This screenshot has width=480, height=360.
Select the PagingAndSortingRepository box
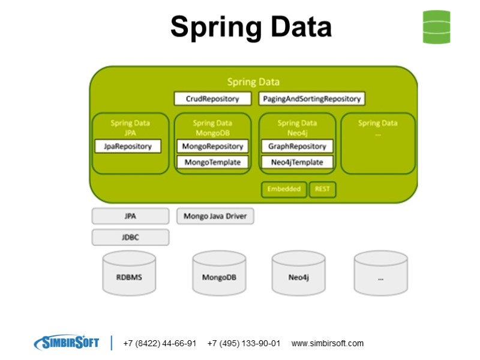click(312, 98)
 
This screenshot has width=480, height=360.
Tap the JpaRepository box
click(128, 146)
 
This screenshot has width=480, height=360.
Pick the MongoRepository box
click(212, 146)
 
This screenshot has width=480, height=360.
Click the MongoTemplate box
click(212, 162)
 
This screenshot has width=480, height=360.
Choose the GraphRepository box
click(297, 146)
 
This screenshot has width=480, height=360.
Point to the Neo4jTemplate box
click(297, 162)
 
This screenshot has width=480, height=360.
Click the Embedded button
click(284, 189)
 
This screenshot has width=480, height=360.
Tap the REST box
click(322, 189)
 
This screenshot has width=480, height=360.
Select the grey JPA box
click(130, 216)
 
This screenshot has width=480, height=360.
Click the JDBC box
click(130, 237)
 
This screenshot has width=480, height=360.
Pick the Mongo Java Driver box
click(215, 216)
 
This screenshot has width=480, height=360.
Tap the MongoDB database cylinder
click(219, 275)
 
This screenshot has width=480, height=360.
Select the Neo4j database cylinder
click(298, 275)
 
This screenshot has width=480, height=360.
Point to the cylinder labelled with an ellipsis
click(380, 275)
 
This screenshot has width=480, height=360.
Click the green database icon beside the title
click(436, 27)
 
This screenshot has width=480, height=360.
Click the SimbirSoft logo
click(67, 343)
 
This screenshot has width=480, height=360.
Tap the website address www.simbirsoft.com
click(328, 344)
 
